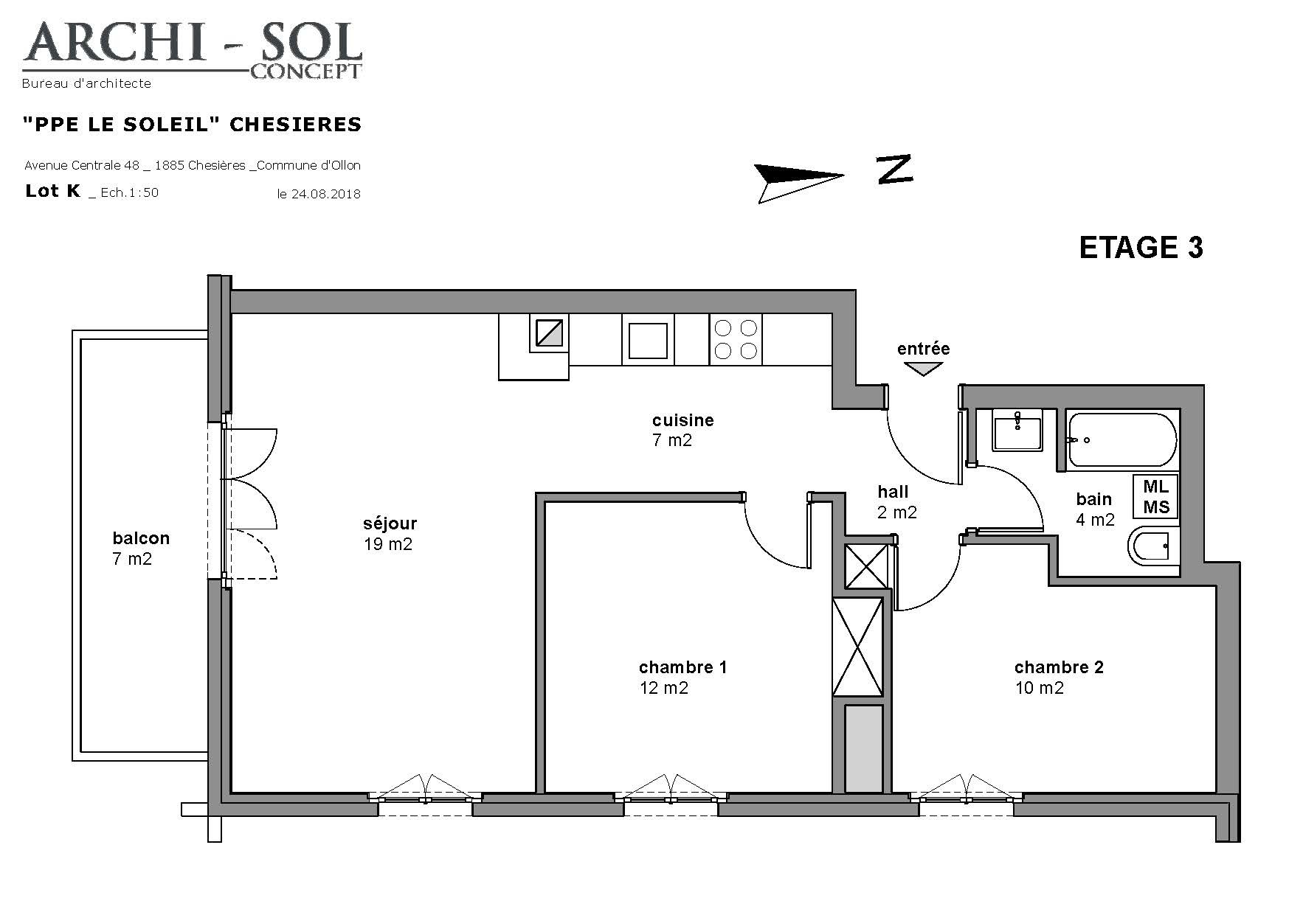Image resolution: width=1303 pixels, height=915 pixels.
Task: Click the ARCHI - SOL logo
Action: point(192,50)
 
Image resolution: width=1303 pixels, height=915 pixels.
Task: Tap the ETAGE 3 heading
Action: point(1141,248)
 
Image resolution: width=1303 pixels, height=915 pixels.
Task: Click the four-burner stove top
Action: point(736,339)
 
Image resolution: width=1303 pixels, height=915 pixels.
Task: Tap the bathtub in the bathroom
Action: point(1123,440)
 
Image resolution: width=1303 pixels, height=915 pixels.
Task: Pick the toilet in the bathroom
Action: point(1153,547)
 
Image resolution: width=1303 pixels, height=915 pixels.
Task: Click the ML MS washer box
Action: point(1155,496)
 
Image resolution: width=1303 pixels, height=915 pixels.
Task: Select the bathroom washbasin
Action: point(1017,429)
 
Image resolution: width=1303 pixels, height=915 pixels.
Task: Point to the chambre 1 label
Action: point(682,678)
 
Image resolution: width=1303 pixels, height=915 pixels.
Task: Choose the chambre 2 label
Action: point(1059,678)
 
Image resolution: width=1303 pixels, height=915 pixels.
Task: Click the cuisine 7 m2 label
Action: point(682,431)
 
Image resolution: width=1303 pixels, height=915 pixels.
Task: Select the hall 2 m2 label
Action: point(896,502)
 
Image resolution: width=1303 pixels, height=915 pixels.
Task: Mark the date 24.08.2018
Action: point(319,195)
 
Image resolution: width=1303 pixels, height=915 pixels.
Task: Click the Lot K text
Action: point(52,191)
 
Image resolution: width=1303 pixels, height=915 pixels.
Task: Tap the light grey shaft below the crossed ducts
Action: point(863,748)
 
